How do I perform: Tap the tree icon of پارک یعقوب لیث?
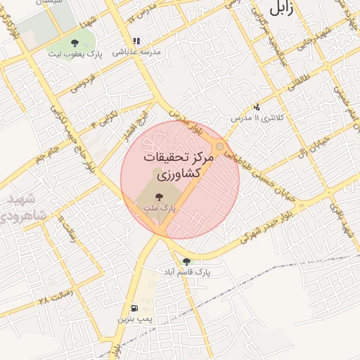75,44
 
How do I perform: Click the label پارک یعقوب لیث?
75,54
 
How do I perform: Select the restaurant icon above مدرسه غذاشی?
136,41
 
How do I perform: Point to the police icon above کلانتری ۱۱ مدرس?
257,107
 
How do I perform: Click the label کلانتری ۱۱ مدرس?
259,117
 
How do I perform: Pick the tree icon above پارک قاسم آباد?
186,261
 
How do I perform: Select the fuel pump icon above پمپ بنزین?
134,308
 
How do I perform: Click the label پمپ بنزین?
135,319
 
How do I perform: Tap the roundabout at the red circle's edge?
221,146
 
